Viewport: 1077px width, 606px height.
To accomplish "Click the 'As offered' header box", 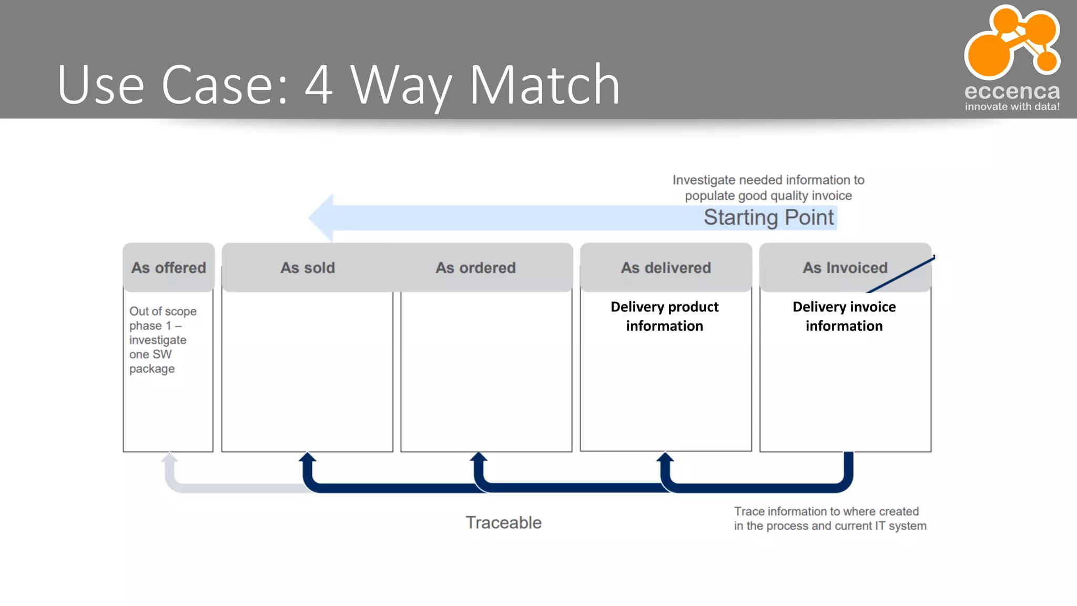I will coord(168,267).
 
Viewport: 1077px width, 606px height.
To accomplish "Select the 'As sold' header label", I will coord(308,268).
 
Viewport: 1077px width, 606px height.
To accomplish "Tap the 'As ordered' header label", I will coord(475,268).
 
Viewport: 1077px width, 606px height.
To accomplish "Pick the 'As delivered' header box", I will coord(666,267).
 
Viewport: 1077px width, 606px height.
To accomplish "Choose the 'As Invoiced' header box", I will coord(845,267).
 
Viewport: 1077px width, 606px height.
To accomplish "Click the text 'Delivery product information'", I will coord(664,316).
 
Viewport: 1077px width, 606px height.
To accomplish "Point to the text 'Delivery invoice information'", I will coord(844,316).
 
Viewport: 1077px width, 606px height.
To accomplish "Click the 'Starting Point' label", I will coord(768,217).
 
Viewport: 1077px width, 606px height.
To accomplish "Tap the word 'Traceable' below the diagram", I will coord(503,522).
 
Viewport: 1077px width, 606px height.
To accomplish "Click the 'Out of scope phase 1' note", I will coord(162,340).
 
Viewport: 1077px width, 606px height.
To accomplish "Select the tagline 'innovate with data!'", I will coord(1012,107).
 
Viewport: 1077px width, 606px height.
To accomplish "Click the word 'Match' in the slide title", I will coord(544,84).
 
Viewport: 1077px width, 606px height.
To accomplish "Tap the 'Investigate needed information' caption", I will coord(768,188).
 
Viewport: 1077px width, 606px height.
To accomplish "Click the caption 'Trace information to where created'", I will coord(830,518).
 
